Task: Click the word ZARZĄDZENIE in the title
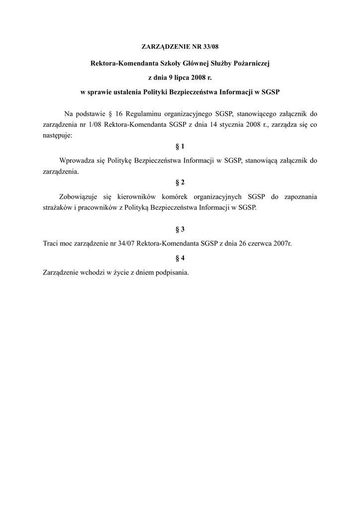coord(165,47)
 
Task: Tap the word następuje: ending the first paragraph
coord(57,135)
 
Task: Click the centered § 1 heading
coord(180,147)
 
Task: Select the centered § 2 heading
coord(180,182)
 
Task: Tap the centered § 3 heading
coord(180,229)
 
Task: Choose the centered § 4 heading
coord(180,258)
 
